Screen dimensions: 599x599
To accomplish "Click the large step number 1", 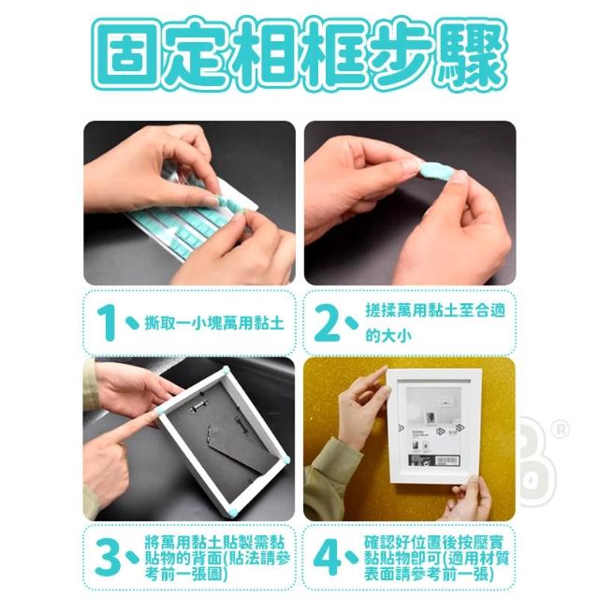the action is pyautogui.click(x=108, y=323).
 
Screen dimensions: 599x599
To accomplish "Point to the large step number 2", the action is pyautogui.click(x=328, y=323).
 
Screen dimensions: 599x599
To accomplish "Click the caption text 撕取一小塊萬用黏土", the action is pyautogui.click(x=214, y=324).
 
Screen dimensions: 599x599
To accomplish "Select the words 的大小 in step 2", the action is pyautogui.click(x=388, y=336).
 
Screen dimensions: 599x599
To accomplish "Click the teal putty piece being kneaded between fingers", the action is pyautogui.click(x=434, y=174).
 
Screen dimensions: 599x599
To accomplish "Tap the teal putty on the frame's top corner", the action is pyautogui.click(x=226, y=370).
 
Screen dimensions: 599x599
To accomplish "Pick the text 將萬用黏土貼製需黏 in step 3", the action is pyautogui.click(x=215, y=543).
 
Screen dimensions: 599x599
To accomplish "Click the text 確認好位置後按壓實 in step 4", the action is pyautogui.click(x=434, y=543).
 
